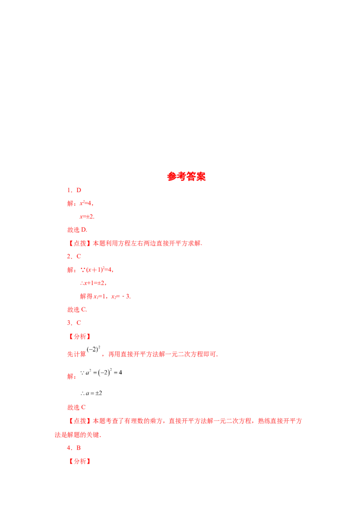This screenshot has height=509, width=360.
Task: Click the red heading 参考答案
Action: [x=186, y=177]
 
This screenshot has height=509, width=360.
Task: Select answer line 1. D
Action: [x=74, y=190]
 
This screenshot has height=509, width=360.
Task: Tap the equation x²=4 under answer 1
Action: [x=86, y=204]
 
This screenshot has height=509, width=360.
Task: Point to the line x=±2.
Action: [x=87, y=217]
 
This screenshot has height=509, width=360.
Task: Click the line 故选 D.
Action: [x=77, y=230]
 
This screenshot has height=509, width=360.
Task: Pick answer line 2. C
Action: [x=74, y=256]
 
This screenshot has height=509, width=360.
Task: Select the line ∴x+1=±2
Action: [x=93, y=283]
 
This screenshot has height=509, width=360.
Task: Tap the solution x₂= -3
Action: [x=121, y=296]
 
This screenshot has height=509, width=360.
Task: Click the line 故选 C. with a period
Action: [x=77, y=310]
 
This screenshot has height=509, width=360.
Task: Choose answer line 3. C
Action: [x=74, y=323]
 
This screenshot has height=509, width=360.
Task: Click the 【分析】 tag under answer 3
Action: [x=80, y=337]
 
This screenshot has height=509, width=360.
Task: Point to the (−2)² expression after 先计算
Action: [x=94, y=350]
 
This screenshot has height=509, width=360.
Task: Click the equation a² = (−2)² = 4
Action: [x=101, y=372]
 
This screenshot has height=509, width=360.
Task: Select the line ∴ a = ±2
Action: [x=91, y=393]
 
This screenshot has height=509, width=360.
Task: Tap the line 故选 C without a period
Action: [x=76, y=407]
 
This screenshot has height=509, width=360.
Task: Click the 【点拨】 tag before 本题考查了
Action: [x=80, y=421]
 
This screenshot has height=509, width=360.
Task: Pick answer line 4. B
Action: [x=74, y=448]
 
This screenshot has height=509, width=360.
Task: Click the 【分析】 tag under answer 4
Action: [x=80, y=461]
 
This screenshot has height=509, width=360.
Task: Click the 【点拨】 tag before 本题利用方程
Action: [x=80, y=243]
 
